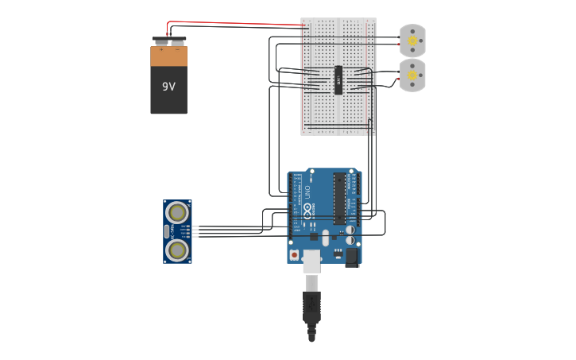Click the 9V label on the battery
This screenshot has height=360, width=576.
pos(168,87)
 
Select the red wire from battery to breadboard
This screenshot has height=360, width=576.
pos(238,24)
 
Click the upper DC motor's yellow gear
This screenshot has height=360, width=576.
pos(412,41)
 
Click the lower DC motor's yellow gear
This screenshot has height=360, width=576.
pos(412,75)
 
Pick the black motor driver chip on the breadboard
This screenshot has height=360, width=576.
pos(338,79)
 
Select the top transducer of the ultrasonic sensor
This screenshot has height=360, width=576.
pos(177,212)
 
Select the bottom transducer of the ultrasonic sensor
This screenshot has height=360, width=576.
pos(177,250)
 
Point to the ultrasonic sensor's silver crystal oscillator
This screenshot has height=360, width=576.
pos(167,231)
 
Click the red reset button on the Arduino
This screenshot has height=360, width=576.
pos(295,255)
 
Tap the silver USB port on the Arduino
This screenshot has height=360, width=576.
pos(312,260)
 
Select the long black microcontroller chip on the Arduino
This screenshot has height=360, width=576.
pos(339,199)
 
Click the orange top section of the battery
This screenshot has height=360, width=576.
pos(169,56)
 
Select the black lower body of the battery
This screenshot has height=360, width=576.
pos(169,99)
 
